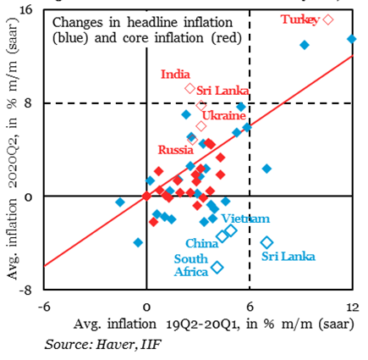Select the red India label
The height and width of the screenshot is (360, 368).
click(x=175, y=75)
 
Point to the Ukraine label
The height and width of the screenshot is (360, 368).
click(x=224, y=114)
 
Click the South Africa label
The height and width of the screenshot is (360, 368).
click(x=192, y=266)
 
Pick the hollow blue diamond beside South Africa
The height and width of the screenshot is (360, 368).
click(x=217, y=267)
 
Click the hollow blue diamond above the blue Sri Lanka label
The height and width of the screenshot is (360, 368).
click(x=266, y=242)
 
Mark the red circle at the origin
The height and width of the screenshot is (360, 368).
click(x=147, y=197)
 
